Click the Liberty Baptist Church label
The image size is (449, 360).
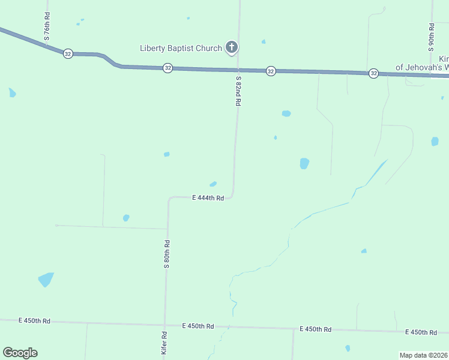[x=181, y=48]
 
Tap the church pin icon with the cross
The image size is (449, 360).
[x=232, y=47]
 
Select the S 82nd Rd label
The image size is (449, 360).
[x=238, y=91]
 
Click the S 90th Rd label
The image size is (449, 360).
[x=432, y=37]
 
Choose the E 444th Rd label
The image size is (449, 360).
[x=208, y=198]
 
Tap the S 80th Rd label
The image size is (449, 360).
[x=167, y=254]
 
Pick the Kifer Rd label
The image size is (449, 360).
[x=164, y=342]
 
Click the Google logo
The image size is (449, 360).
[x=20, y=353]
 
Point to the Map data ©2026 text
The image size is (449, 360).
[x=424, y=355]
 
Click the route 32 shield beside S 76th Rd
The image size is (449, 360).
[x=68, y=53]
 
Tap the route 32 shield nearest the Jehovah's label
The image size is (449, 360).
[x=373, y=73]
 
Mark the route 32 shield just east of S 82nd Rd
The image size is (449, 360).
[x=271, y=71]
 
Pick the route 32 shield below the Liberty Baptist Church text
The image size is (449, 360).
[x=167, y=68]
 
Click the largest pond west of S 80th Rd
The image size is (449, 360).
[x=46, y=280]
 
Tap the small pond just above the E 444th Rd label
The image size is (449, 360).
[x=213, y=184]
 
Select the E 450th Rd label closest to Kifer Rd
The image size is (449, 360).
[x=198, y=326]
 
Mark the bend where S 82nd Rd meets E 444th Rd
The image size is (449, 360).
[x=232, y=196]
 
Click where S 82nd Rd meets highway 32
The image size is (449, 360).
[x=238, y=70]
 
